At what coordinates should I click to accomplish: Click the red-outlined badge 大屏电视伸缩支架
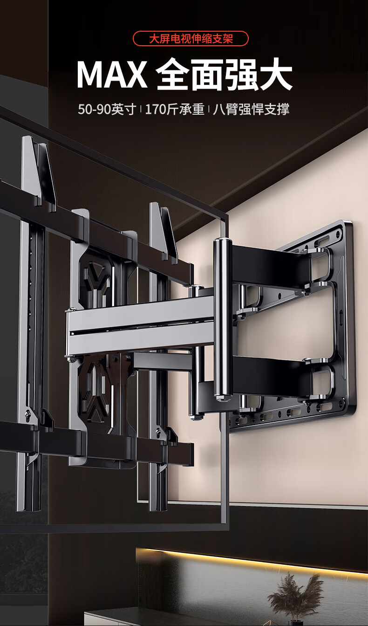tap(191, 39)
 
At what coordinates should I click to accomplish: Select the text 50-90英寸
tap(107, 109)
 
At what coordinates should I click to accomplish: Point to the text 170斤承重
tap(175, 109)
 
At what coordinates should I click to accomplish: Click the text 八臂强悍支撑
tap(251, 109)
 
